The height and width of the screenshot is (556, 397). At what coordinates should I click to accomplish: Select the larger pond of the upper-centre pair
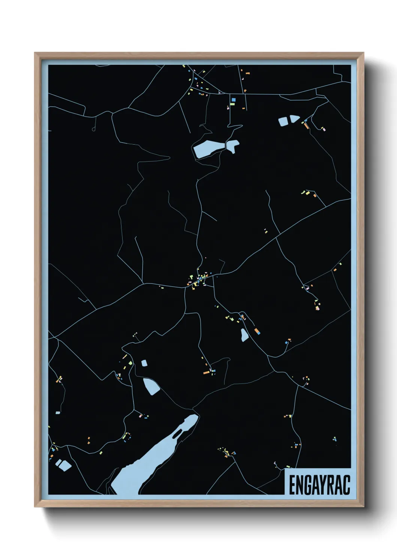pos(208,149)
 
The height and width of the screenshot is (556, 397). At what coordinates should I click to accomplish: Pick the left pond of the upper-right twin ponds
pos(283,121)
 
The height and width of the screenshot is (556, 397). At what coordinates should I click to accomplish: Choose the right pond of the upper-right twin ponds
pos(295,119)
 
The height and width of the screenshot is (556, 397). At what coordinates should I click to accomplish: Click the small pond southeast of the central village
pos(244,334)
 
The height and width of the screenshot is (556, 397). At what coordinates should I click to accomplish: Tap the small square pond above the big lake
pos(144,363)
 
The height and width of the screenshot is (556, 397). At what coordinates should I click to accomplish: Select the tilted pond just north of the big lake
pos(152,386)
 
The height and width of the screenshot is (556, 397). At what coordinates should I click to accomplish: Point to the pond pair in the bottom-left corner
pos(63,465)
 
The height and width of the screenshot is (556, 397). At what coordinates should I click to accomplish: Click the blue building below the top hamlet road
pos(233,100)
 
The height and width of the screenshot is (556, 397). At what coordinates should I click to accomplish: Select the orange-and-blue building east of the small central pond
pos(257,331)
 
